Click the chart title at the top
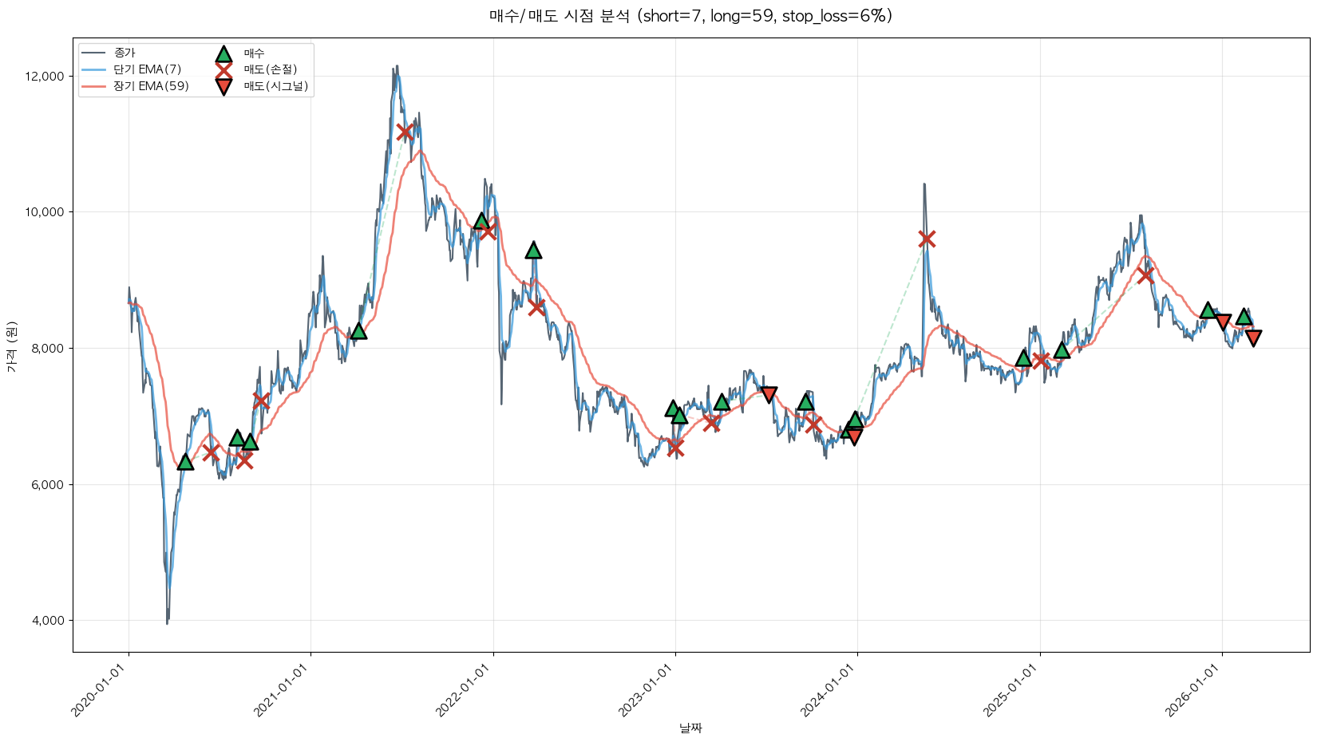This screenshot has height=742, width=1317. pyautogui.click(x=690, y=16)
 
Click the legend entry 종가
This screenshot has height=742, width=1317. pyautogui.click(x=125, y=53)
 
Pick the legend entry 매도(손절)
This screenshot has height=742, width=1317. pyautogui.click(x=270, y=69)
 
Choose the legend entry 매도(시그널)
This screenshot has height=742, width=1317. pyautogui.click(x=275, y=86)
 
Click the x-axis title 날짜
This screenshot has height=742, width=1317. pyautogui.click(x=690, y=728)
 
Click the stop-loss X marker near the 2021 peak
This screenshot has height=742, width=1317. pyautogui.click(x=405, y=132)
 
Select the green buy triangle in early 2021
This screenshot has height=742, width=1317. pyautogui.click(x=358, y=330)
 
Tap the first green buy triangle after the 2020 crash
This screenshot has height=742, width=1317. pyautogui.click(x=185, y=462)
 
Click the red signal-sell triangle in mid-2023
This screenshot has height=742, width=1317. pyautogui.click(x=769, y=394)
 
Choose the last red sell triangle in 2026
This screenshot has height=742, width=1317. pyautogui.click(x=1253, y=338)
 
